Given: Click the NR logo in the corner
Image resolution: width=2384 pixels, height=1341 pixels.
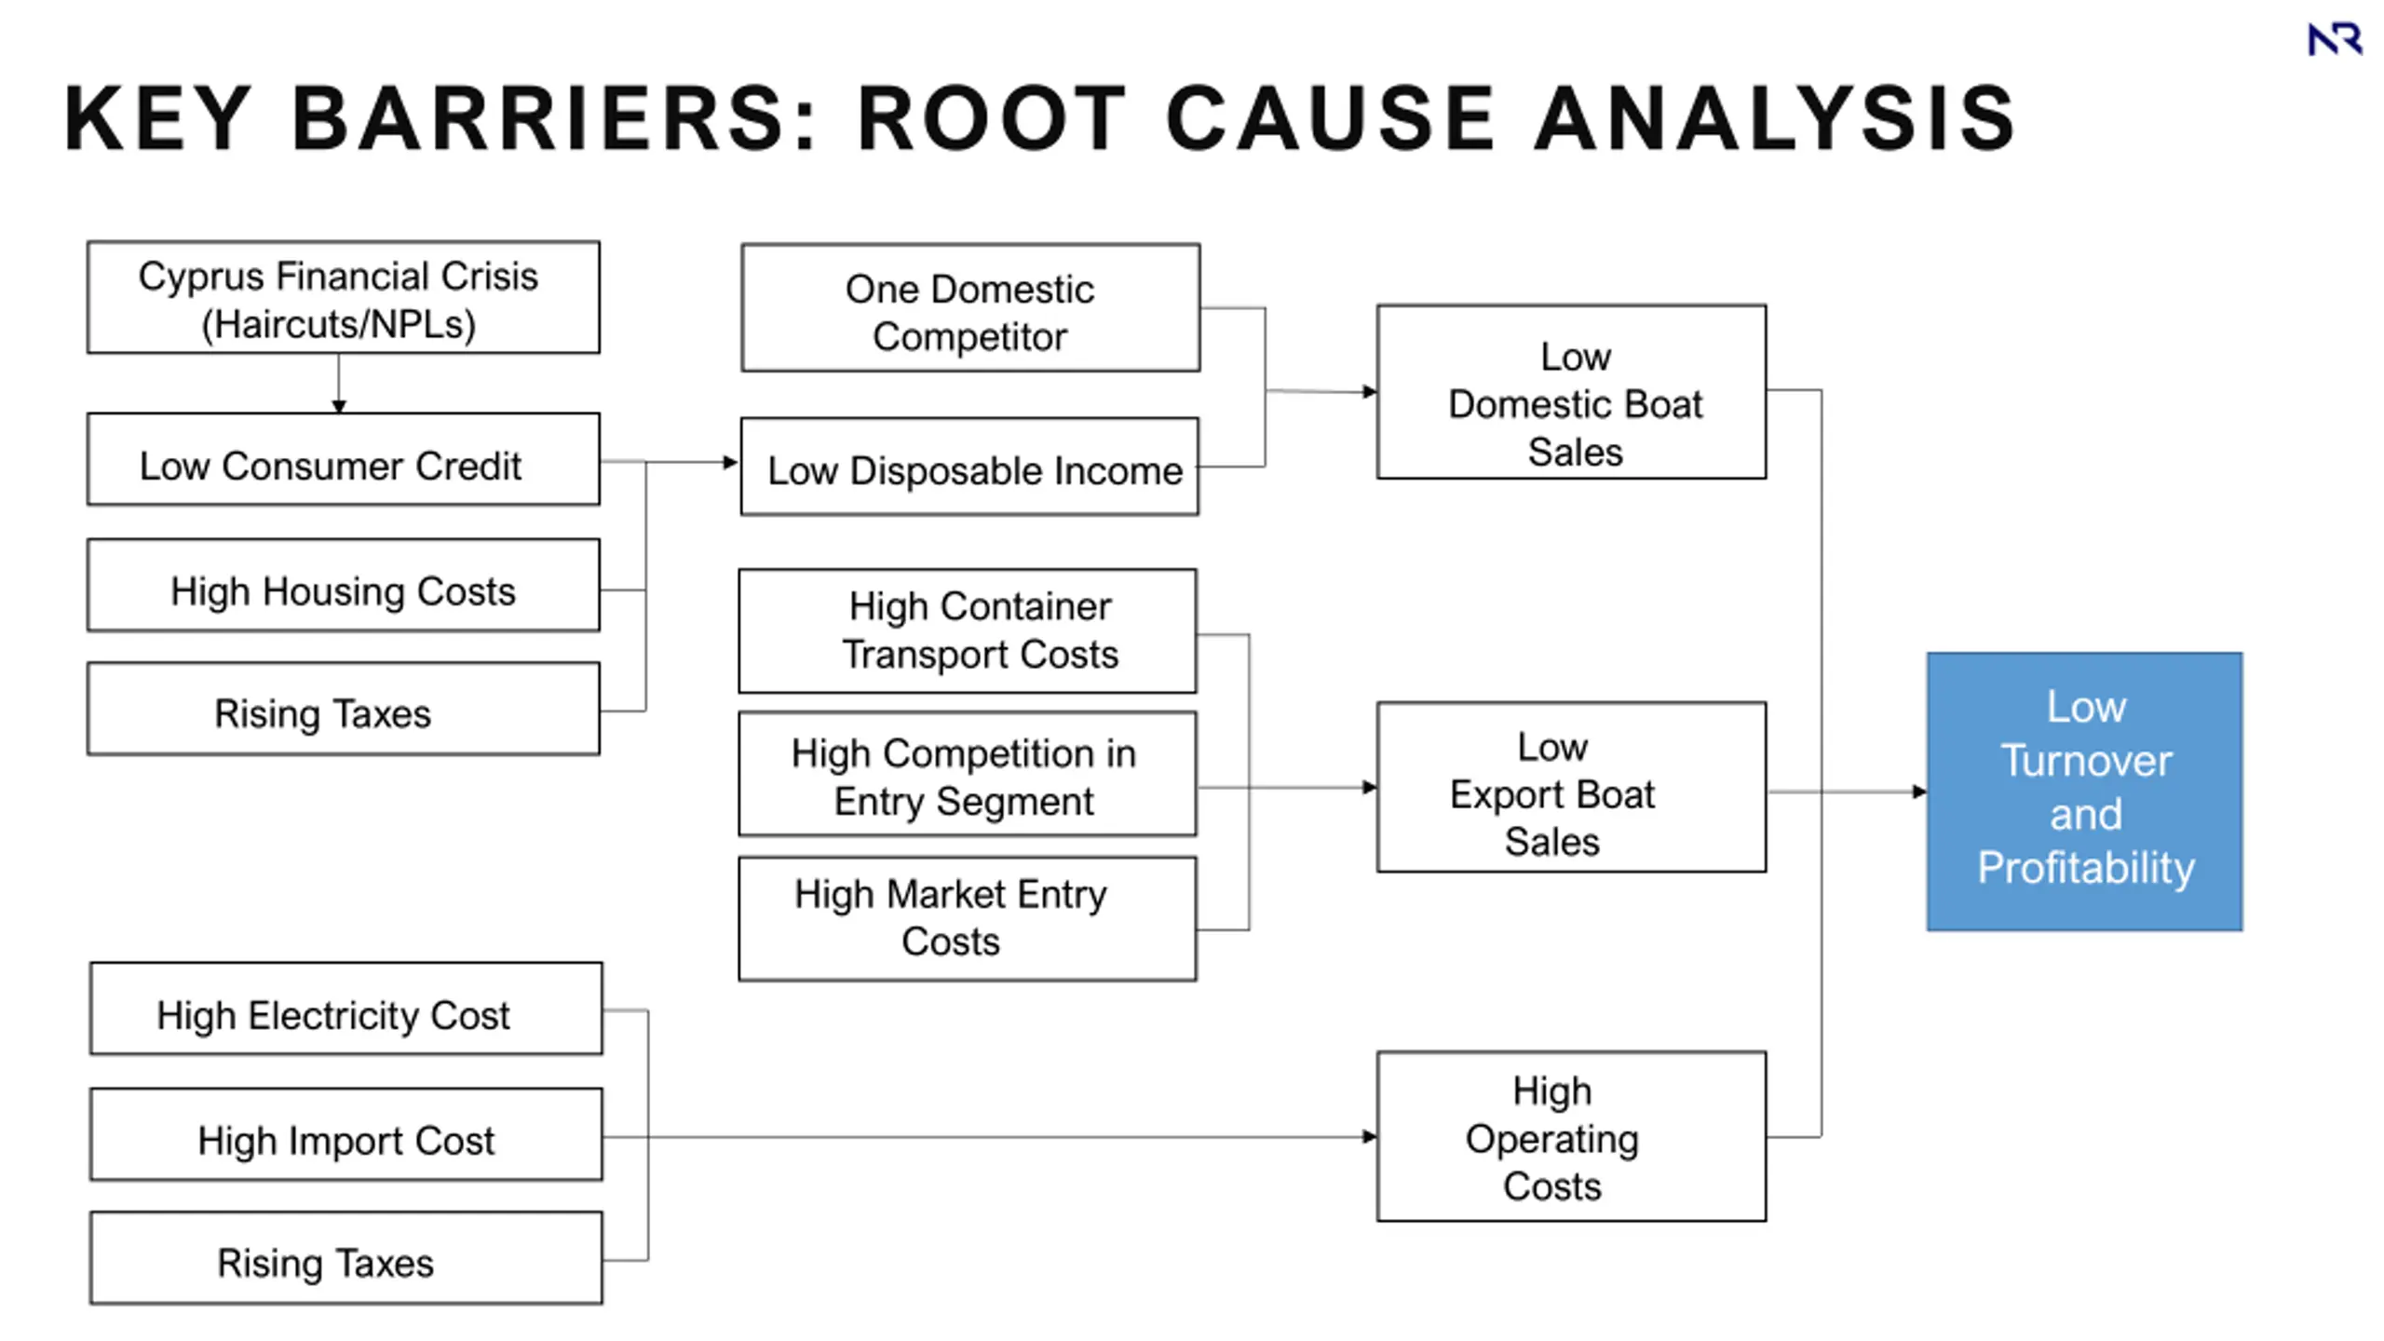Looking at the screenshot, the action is click(x=2335, y=39).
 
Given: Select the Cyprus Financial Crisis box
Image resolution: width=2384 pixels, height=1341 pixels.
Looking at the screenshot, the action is click(x=344, y=298).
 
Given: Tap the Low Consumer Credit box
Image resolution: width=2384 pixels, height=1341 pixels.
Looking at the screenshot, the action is click(x=344, y=460).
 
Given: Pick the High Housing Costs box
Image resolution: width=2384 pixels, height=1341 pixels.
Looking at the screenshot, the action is click(x=344, y=586).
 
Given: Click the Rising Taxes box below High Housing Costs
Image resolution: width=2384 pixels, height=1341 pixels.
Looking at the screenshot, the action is click(x=344, y=709).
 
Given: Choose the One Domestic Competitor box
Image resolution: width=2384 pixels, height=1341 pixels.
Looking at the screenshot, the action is click(x=970, y=308).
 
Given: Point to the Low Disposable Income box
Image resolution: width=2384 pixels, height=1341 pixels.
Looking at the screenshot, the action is click(x=969, y=467).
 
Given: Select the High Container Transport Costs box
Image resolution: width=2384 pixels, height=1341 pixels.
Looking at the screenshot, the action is click(x=968, y=631).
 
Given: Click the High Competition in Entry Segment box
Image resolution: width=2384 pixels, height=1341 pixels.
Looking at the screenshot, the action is click(x=968, y=774).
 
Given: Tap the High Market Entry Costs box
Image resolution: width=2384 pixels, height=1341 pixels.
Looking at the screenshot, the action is click(x=968, y=919).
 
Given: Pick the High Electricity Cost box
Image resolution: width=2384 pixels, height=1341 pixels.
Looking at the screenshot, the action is click(x=346, y=1009).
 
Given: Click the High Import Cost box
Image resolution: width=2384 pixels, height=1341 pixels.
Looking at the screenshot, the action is click(x=346, y=1134).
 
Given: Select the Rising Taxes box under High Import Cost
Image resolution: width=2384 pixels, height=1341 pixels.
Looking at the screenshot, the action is click(x=346, y=1258).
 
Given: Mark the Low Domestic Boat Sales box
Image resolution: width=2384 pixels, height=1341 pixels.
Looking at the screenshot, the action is click(x=1572, y=392).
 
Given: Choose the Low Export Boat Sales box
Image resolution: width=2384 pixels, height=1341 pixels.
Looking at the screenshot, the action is click(x=1572, y=788).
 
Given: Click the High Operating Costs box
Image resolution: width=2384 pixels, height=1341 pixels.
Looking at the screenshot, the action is click(x=1572, y=1137).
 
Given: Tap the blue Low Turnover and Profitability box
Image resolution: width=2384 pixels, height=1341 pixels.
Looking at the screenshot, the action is click(x=2085, y=792).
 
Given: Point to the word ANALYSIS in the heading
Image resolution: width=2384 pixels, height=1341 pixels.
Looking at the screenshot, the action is click(x=1775, y=118).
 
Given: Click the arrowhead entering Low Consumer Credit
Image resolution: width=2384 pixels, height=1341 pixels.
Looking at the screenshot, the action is click(x=339, y=406).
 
